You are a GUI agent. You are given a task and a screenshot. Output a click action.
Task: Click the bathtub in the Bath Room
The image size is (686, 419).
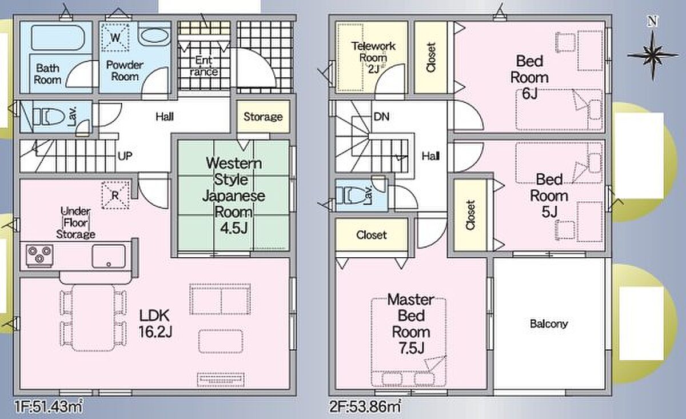[x=58, y=38]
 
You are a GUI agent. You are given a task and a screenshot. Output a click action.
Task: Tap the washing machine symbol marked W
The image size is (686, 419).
[x=115, y=37]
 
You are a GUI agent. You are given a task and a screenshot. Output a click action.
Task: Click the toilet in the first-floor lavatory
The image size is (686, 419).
[x=49, y=117]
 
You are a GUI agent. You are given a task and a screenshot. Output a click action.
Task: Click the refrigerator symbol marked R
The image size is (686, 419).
[x=115, y=195]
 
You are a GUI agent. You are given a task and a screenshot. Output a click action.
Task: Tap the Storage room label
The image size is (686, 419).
[x=263, y=117]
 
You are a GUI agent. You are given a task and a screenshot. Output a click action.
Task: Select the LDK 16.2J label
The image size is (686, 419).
[x=155, y=324]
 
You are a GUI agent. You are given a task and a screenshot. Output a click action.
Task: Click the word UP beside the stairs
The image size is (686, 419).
[x=125, y=156]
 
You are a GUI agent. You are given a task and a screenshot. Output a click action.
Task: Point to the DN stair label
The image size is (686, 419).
[x=382, y=117]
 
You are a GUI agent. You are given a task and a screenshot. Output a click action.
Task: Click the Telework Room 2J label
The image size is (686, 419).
[x=373, y=58]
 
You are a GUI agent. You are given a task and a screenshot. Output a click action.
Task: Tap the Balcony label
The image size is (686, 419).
[x=549, y=324]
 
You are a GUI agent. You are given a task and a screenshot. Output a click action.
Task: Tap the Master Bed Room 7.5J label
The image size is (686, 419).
[x=411, y=324]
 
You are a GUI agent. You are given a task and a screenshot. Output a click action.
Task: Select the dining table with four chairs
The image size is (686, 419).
[x=93, y=318]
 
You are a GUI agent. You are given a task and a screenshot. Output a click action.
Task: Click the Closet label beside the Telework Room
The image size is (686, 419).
[x=430, y=58]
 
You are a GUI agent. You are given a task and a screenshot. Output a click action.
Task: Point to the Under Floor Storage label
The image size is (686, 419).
[x=75, y=223]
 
